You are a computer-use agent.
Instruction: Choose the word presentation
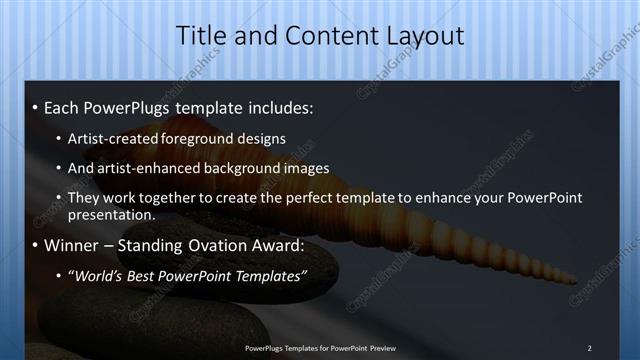click(111, 214)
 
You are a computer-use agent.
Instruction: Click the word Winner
click(71, 245)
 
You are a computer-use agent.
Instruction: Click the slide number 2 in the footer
click(589, 348)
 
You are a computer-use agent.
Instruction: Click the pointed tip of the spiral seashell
click(576, 280)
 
